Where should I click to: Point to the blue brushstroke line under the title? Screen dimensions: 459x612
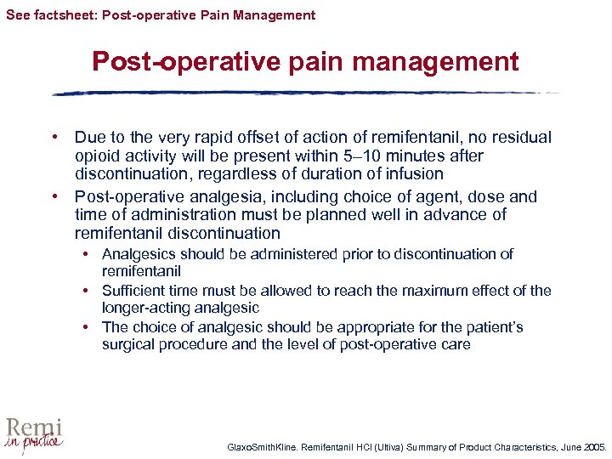[x=306, y=93]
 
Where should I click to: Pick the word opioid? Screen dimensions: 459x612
[x=99, y=156]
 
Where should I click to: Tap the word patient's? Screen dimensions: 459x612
[x=493, y=327]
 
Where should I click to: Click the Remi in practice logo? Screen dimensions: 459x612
[x=34, y=434]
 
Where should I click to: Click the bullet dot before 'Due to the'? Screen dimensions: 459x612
[x=54, y=137]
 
